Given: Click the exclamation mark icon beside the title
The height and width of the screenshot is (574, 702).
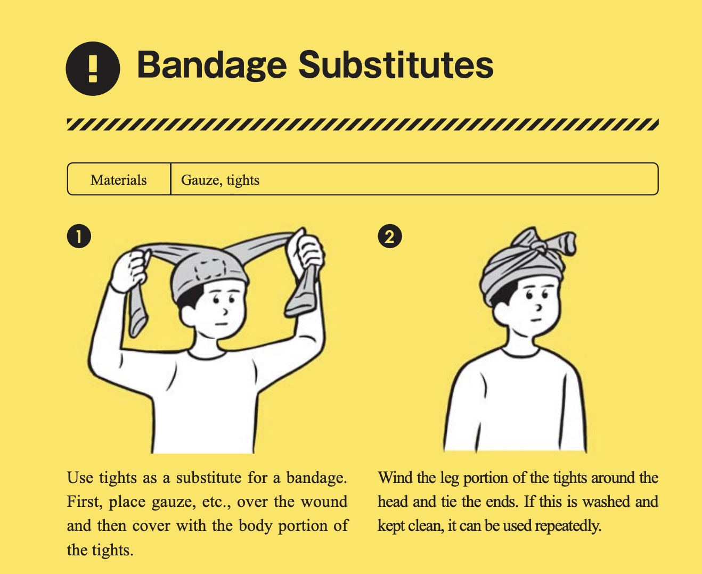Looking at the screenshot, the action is coord(93,69).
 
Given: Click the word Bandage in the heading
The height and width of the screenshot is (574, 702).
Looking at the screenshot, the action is coord(211,65).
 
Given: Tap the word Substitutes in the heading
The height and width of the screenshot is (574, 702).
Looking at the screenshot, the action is coord(396,64).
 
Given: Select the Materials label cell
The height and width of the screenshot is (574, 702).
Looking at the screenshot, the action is coord(119,179).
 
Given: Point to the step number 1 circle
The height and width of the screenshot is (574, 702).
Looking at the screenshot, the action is coord(79,236).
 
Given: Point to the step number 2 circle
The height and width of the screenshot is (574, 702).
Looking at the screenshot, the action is coord(390,236).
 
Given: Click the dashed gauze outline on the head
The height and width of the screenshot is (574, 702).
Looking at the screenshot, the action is coord(210,268).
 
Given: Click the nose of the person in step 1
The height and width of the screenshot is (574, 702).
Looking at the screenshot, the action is coord(226,312).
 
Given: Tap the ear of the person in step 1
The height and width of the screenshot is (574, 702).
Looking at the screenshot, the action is coord(189,315).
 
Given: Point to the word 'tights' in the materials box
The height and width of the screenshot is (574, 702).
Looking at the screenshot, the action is coord(243,181).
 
